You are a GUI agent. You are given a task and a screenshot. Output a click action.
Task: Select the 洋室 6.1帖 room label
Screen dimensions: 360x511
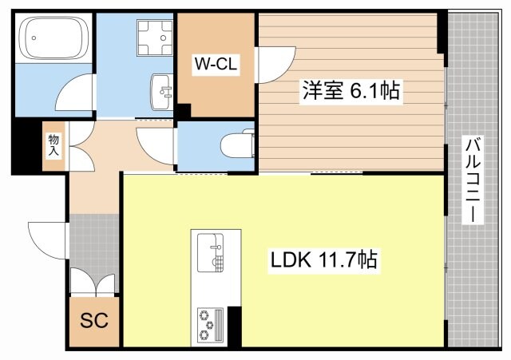350,91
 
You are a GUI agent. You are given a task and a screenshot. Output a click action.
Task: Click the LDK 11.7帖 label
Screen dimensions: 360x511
323,260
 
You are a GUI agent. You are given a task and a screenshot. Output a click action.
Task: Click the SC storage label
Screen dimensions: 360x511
93,322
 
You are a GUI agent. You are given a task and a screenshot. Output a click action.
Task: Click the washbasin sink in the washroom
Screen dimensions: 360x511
163,90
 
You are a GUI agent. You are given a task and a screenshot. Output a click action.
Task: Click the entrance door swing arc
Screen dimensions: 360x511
46,238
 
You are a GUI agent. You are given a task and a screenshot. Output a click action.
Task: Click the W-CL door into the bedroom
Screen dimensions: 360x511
268,65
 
